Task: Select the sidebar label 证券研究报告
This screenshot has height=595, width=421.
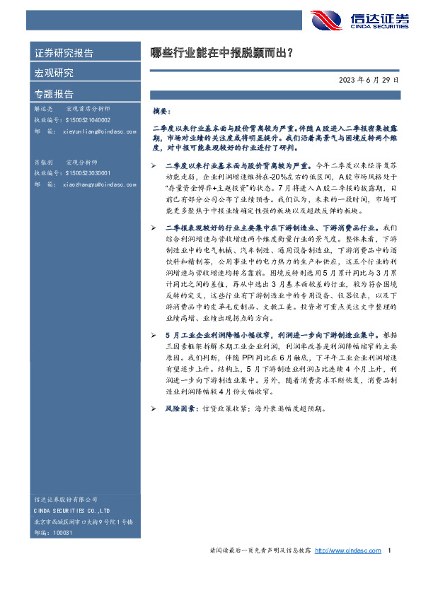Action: pyautogui.click(x=64, y=53)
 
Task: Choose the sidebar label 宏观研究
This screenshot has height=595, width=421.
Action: pyautogui.click(x=54, y=73)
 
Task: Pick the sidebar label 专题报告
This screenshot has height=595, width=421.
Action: pyautogui.click(x=54, y=93)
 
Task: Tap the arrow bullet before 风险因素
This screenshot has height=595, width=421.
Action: pyautogui.click(x=154, y=408)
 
